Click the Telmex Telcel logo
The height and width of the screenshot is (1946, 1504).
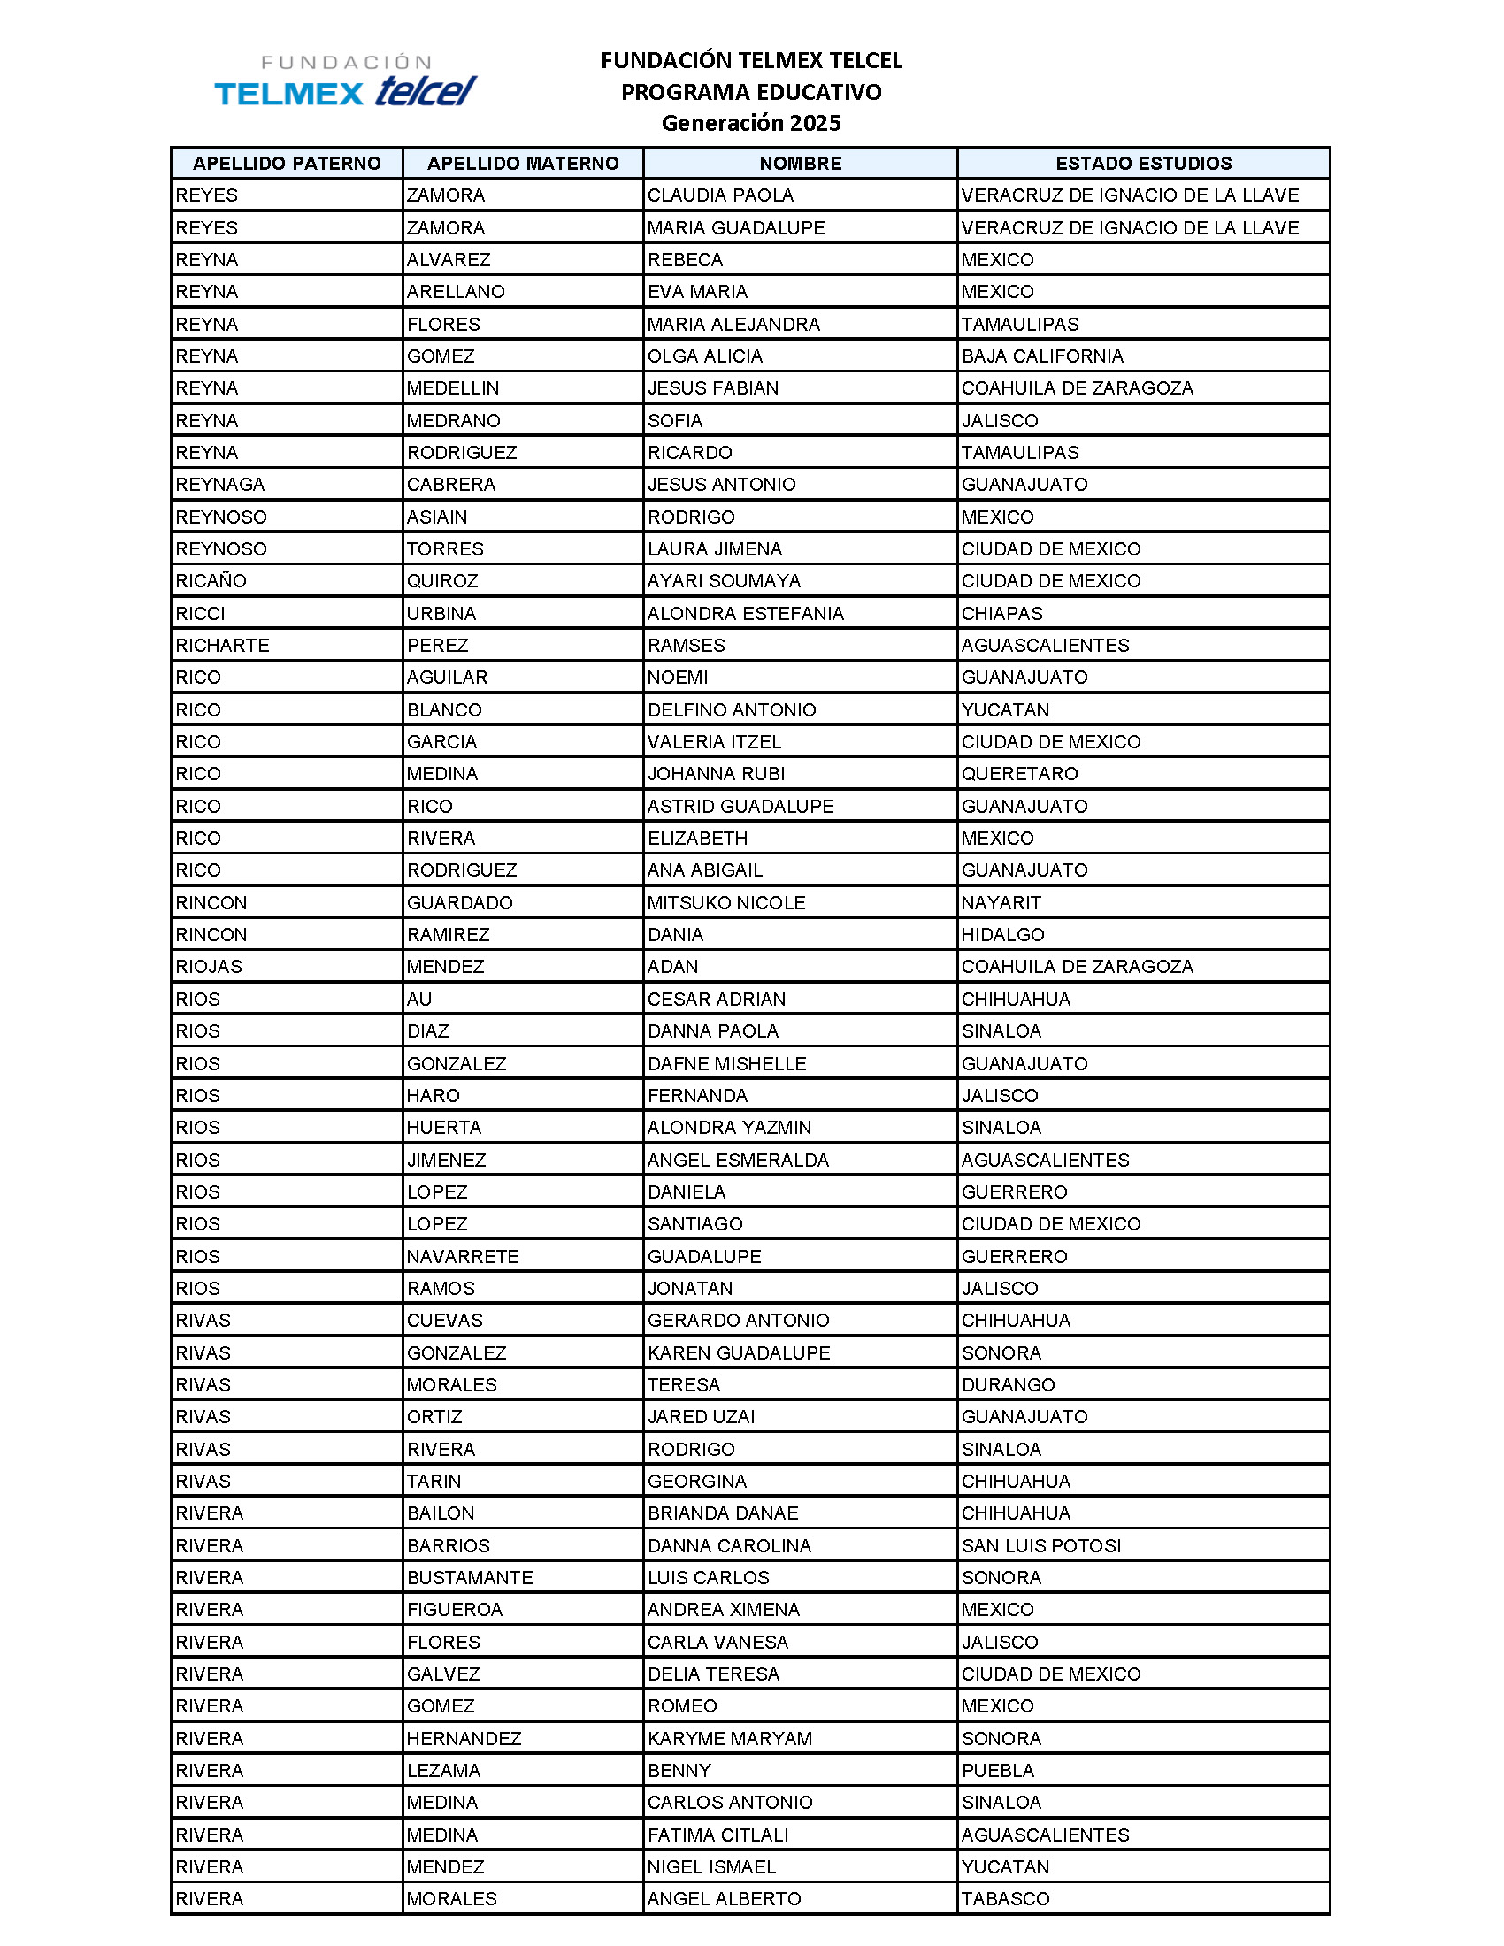click(x=346, y=80)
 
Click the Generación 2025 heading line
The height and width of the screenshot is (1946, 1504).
click(x=750, y=123)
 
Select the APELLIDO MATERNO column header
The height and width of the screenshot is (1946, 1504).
click(x=522, y=163)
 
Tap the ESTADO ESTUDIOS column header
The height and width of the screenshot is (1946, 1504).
click(x=1143, y=163)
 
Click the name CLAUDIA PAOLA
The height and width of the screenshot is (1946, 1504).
click(x=720, y=195)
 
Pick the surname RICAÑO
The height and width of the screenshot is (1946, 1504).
click(x=211, y=581)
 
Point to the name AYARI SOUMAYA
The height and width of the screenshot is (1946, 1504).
click(x=724, y=581)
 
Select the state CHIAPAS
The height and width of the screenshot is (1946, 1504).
click(x=1001, y=613)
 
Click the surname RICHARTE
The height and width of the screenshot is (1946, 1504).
click(x=222, y=645)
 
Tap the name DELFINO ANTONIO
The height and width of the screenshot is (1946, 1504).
click(x=732, y=710)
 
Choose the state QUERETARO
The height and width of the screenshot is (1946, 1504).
click(x=1019, y=773)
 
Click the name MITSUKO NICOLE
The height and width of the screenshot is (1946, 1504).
click(x=726, y=902)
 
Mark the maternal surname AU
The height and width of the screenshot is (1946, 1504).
click(x=418, y=999)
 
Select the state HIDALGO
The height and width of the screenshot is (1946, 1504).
click(x=1002, y=935)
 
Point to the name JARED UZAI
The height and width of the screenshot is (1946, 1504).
click(x=702, y=1417)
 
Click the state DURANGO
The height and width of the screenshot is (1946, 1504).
click(x=1008, y=1384)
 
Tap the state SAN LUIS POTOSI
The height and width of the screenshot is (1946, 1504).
click(x=1040, y=1545)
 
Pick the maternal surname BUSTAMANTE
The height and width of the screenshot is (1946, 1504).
click(x=470, y=1577)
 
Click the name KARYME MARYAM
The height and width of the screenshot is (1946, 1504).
click(x=730, y=1738)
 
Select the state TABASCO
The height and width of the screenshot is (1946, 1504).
click(x=1005, y=1899)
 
